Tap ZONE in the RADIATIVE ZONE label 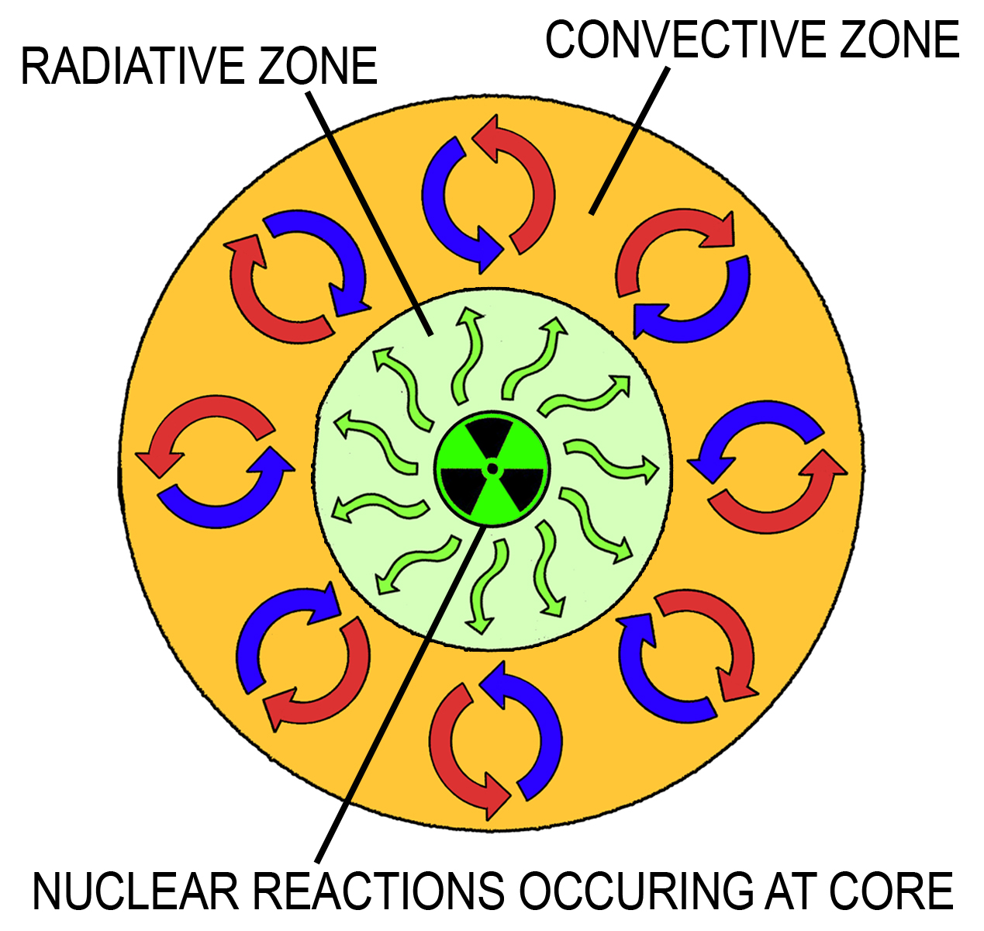[x=318, y=66]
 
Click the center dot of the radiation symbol [x=492, y=469]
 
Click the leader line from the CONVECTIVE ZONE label [x=629, y=142]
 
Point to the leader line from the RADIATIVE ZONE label [x=369, y=213]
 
